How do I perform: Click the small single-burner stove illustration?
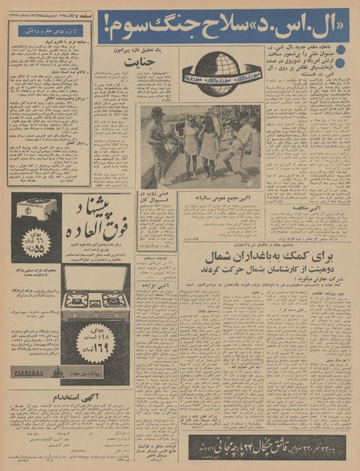[38, 209]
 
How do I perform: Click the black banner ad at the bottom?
[267, 447]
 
